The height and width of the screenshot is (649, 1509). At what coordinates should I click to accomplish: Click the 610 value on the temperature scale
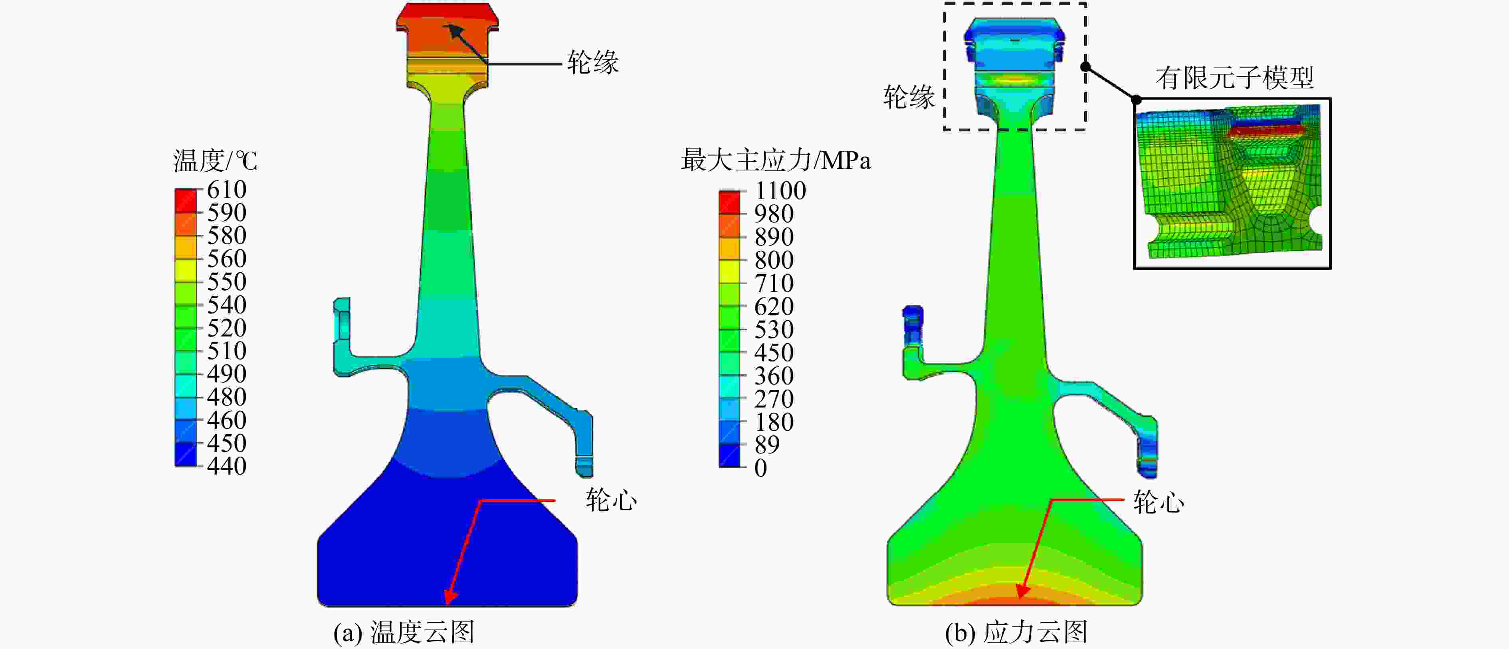[227, 190]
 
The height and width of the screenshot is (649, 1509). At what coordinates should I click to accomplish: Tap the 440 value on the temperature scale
[227, 466]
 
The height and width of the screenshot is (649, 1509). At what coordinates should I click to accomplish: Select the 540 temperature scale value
[227, 305]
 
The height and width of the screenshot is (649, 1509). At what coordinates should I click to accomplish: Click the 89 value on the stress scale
[767, 445]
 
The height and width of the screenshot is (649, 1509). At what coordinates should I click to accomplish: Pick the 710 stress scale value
[774, 283]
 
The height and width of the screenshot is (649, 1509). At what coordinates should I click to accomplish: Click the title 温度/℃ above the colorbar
[215, 160]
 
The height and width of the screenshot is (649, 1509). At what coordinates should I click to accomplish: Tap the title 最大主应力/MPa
[776, 160]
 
